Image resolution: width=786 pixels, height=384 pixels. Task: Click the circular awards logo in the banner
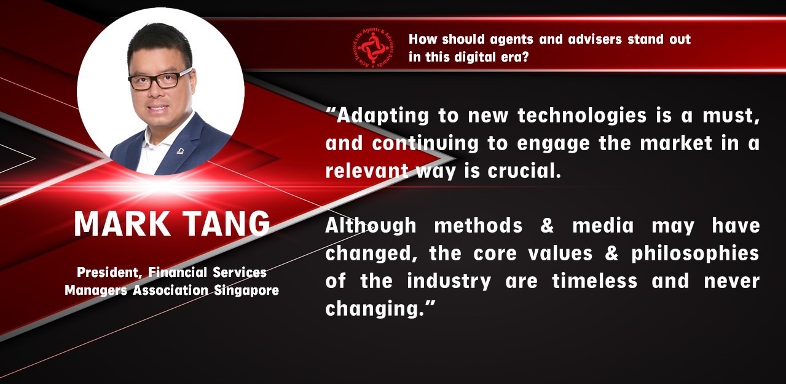coord(372,48)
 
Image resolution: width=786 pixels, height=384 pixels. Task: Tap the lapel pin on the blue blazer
coord(180,151)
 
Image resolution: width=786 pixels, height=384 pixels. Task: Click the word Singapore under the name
coord(246,291)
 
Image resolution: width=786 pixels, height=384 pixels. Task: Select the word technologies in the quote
coord(582,116)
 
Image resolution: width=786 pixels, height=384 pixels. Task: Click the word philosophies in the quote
coord(696,254)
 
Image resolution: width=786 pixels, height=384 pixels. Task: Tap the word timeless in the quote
coord(594,281)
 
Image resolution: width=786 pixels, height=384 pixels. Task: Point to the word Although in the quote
coord(371,226)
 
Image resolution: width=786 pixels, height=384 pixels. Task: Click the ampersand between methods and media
coord(547,226)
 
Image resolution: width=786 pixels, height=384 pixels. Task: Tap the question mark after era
coord(525,57)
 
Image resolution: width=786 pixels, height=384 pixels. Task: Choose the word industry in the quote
coord(449,282)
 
